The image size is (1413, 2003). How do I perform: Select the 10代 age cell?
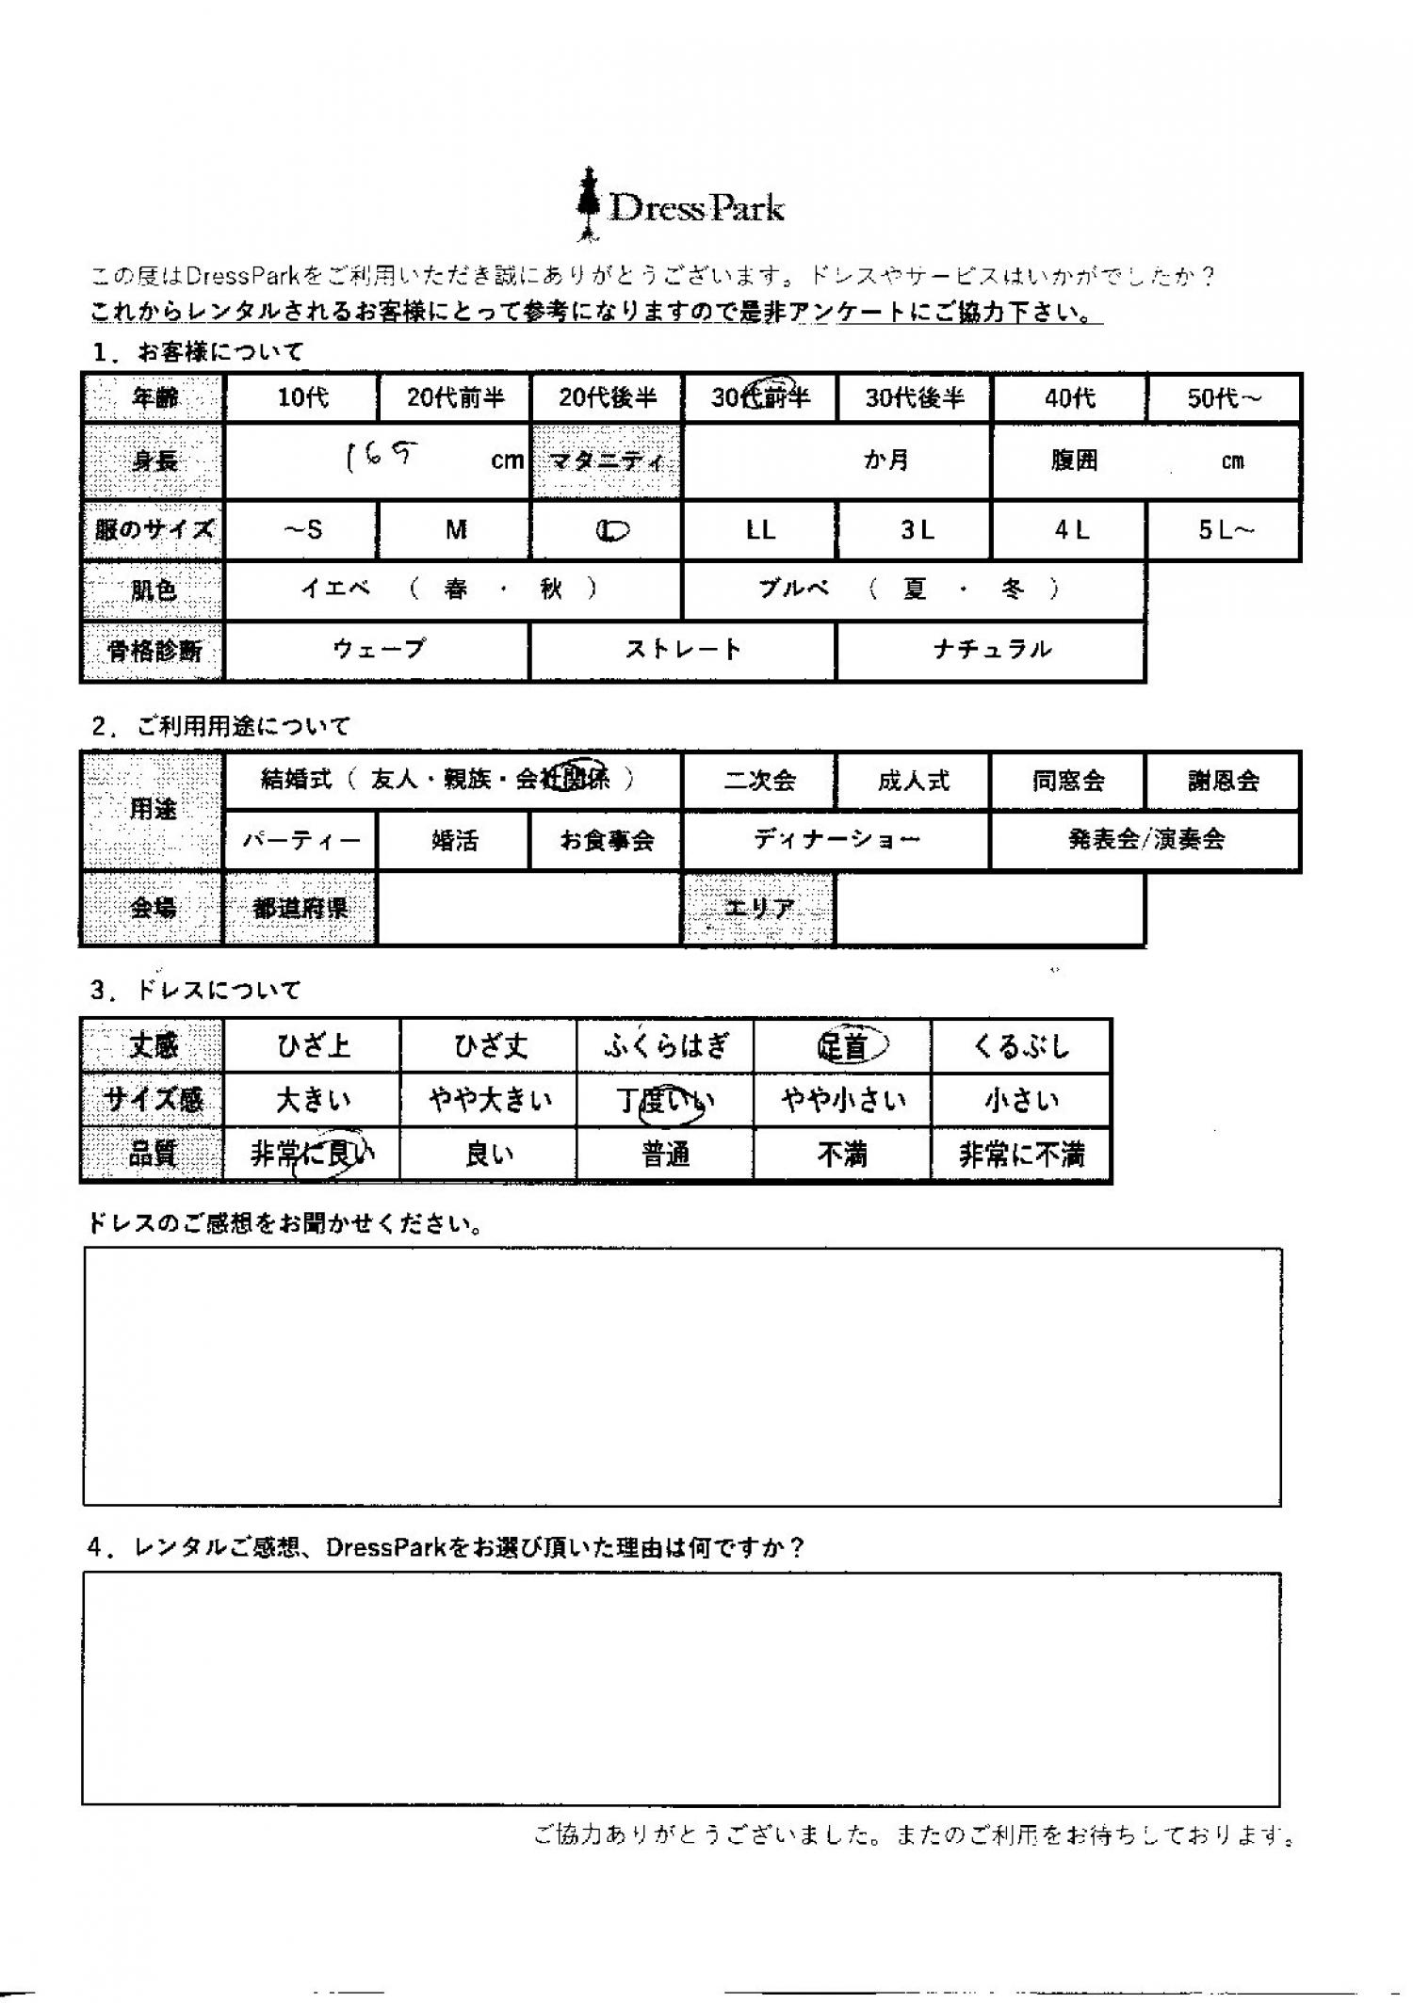click(301, 398)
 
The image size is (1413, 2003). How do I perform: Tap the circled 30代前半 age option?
click(759, 398)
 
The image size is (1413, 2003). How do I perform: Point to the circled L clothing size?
click(611, 531)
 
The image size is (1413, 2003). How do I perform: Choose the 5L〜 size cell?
click(1225, 531)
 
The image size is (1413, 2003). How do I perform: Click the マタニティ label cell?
click(607, 460)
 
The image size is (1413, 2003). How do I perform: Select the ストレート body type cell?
click(683, 650)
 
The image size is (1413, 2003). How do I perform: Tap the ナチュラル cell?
click(991, 650)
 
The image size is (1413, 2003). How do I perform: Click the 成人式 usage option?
click(913, 781)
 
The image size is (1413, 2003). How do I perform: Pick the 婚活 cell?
click(454, 840)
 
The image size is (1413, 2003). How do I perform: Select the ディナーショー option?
click(836, 840)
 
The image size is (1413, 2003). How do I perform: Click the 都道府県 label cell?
click(300, 909)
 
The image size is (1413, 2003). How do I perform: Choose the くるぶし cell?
click(1021, 1046)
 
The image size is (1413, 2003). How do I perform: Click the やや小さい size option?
click(842, 1100)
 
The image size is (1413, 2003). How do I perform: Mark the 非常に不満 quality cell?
click(1021, 1155)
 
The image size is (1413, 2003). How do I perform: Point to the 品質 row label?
click(153, 1155)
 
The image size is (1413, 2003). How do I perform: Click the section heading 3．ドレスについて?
click(196, 990)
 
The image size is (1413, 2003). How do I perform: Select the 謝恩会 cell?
click(1223, 781)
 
